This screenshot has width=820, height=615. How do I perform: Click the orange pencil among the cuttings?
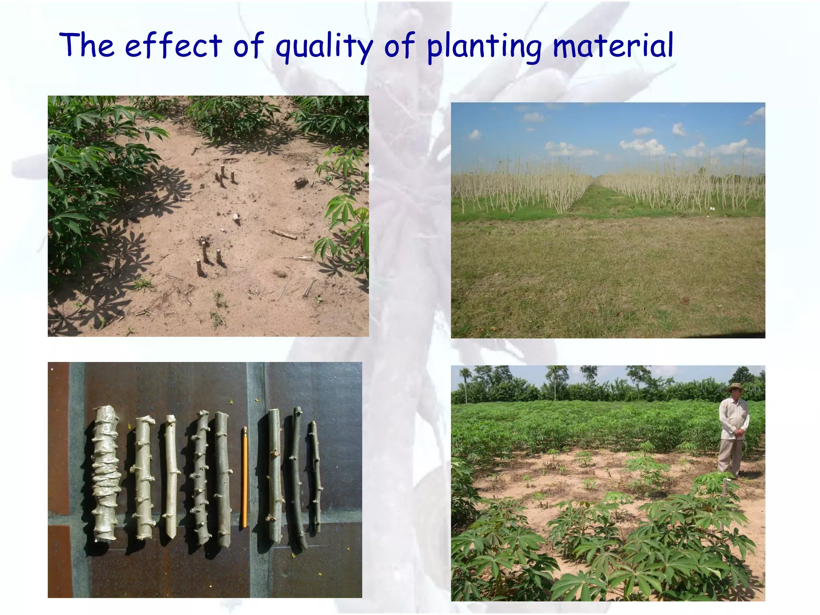click(x=245, y=476)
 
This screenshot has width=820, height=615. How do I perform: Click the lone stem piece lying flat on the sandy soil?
click(x=283, y=234)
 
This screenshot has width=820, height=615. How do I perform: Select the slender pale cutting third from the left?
click(x=171, y=476)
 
